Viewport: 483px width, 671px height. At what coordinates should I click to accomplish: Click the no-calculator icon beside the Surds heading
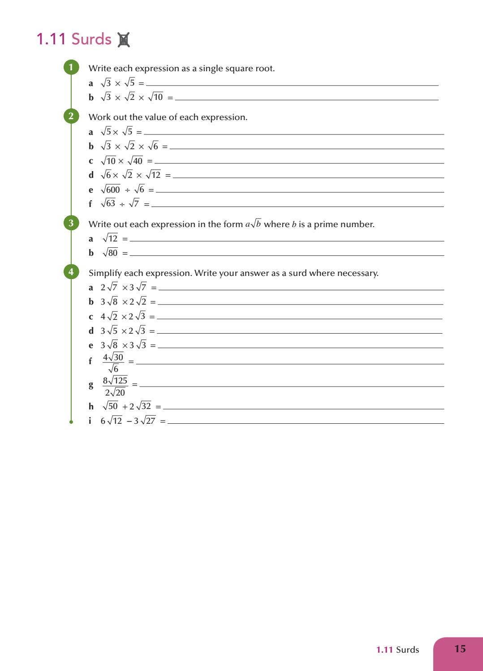coord(124,40)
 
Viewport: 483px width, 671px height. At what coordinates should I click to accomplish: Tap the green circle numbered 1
coord(71,68)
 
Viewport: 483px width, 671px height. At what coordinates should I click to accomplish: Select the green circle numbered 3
coord(71,223)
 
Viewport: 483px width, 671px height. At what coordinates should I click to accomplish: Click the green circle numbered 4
coord(71,272)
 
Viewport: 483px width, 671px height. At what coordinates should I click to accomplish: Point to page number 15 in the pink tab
coord(460,649)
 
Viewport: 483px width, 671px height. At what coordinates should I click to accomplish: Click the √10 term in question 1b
coord(155,97)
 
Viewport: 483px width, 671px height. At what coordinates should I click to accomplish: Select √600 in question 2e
coord(111,189)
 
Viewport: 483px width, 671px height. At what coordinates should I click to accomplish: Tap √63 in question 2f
coord(108,203)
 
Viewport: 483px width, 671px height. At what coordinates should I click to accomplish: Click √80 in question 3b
coord(110,253)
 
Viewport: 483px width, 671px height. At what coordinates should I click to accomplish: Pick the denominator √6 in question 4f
coord(114,369)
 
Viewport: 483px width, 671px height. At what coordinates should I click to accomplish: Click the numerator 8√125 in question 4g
coord(115,381)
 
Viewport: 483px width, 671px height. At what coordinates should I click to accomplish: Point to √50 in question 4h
coord(110,406)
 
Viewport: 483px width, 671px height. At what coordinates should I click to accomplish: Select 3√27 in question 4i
coord(144,421)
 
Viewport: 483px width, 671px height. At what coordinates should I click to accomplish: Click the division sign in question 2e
coord(127,190)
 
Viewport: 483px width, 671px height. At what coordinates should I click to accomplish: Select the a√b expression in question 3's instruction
coord(253,224)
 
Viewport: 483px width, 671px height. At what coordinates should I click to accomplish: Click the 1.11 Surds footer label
coord(397,649)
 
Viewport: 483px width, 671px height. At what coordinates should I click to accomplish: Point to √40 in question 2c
coord(135,161)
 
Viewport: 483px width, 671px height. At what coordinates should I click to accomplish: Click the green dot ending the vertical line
coord(71,422)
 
